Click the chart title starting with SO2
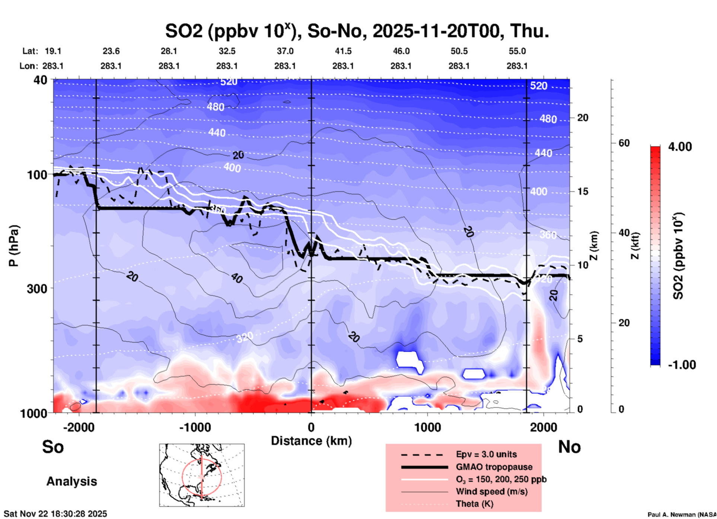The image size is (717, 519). click(x=357, y=31)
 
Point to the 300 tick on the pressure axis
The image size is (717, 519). click(x=37, y=289)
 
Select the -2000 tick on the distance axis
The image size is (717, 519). click(x=79, y=427)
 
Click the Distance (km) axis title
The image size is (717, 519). click(x=311, y=441)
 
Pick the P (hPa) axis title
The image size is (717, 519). click(x=14, y=246)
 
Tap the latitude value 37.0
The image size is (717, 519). click(x=285, y=51)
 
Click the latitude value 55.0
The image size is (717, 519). click(x=517, y=51)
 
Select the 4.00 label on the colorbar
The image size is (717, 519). click(x=680, y=147)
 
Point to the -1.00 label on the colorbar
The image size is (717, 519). click(x=682, y=365)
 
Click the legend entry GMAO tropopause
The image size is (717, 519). click(x=494, y=467)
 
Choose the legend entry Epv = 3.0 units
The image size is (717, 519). click(x=486, y=454)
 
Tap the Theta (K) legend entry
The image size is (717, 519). click(x=474, y=504)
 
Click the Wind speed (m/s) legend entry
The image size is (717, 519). click(x=491, y=491)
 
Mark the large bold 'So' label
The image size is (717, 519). click(x=53, y=447)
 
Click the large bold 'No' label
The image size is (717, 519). click(x=569, y=447)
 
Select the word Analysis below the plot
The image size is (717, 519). click(x=71, y=481)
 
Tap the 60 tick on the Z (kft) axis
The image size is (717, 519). click(x=624, y=143)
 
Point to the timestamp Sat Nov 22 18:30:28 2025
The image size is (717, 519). click(x=55, y=514)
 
